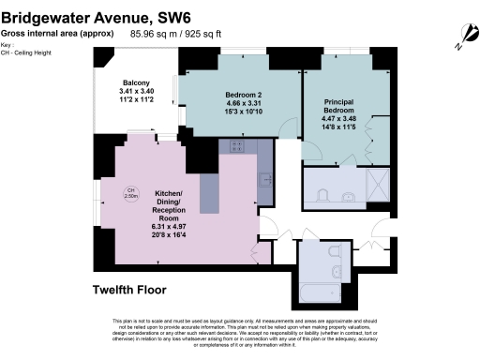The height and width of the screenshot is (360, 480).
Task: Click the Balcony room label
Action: click(x=136, y=84)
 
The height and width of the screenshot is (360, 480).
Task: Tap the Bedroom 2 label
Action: click(x=242, y=95)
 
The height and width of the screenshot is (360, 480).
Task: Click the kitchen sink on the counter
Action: click(x=266, y=178)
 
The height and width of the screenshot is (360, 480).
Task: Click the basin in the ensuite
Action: click(x=348, y=197)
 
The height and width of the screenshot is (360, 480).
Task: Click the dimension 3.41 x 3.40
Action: click(x=136, y=93)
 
